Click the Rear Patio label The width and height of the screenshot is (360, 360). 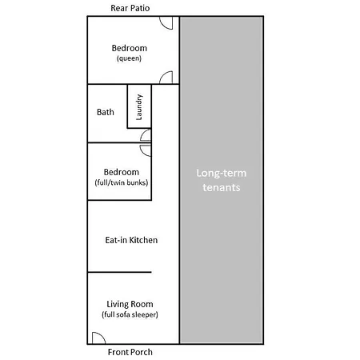point(130,8)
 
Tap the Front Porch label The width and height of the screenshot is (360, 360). point(130,352)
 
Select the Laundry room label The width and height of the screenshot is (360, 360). point(139,107)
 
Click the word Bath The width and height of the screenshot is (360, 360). point(106,112)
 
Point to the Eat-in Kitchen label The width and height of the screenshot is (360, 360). point(131,240)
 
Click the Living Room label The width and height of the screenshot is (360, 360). point(130,304)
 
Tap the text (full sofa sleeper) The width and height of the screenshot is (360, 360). point(130,314)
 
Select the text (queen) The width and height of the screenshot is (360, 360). point(129,58)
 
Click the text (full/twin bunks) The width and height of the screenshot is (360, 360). point(122,182)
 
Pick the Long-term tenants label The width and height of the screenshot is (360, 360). point(221,180)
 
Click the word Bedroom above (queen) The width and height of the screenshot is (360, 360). point(130,48)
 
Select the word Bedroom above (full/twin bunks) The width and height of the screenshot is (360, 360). point(122,172)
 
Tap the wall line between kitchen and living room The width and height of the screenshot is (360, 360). point(119,272)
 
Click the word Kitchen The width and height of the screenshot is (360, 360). point(143,240)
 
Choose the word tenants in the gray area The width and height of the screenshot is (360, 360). point(222,187)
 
